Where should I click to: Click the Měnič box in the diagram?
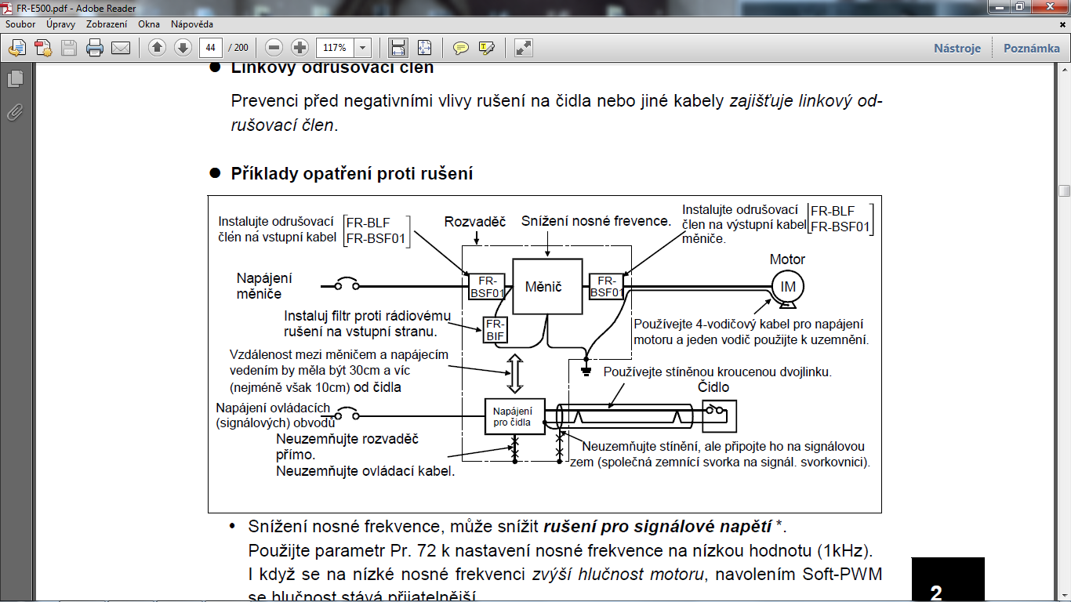click(546, 287)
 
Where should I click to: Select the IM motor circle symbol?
click(788, 287)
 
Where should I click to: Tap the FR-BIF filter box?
click(496, 330)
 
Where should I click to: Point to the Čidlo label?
click(713, 387)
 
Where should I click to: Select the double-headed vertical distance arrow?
click(515, 373)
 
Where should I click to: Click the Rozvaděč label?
click(475, 223)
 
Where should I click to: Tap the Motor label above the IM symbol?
click(787, 259)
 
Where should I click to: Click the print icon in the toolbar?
click(95, 48)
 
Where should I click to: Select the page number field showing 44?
click(209, 48)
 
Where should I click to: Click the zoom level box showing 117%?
click(335, 48)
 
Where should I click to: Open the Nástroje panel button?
click(957, 48)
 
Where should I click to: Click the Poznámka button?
click(1031, 48)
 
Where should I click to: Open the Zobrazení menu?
click(107, 24)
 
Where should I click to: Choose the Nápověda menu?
click(192, 24)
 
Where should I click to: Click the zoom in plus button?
click(300, 48)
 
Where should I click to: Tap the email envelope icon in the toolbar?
click(120, 48)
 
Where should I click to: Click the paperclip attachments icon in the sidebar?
click(14, 112)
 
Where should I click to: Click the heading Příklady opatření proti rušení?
click(351, 173)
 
